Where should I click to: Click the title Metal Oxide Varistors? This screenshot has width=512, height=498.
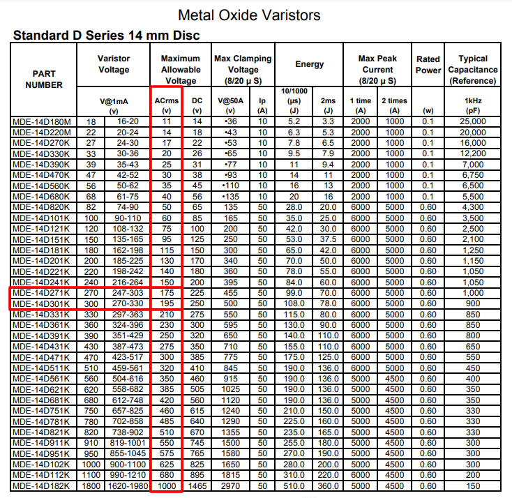[x=250, y=15]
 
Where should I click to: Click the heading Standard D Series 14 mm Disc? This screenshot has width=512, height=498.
[x=107, y=35]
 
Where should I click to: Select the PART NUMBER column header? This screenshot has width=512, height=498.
[x=44, y=79]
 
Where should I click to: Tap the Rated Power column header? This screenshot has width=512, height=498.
[x=428, y=64]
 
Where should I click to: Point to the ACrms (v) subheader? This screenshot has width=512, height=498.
[x=166, y=105]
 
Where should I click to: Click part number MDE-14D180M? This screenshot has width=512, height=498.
[x=42, y=121]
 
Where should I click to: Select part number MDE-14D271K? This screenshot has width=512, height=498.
[x=42, y=293]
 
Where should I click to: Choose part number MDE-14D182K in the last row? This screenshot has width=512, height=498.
[x=42, y=485]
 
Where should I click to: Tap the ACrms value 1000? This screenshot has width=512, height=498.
[x=166, y=485]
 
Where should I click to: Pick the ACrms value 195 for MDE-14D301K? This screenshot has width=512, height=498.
[x=166, y=304]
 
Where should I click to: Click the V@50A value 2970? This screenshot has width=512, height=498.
[x=231, y=485]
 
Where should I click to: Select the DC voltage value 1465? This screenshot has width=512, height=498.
[x=197, y=485]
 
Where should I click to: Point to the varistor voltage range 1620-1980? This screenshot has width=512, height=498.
[x=126, y=485]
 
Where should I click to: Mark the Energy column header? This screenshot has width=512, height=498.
[x=309, y=64]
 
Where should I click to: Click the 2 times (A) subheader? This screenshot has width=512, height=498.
[x=394, y=105]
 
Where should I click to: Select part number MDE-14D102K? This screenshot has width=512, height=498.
[x=42, y=463]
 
